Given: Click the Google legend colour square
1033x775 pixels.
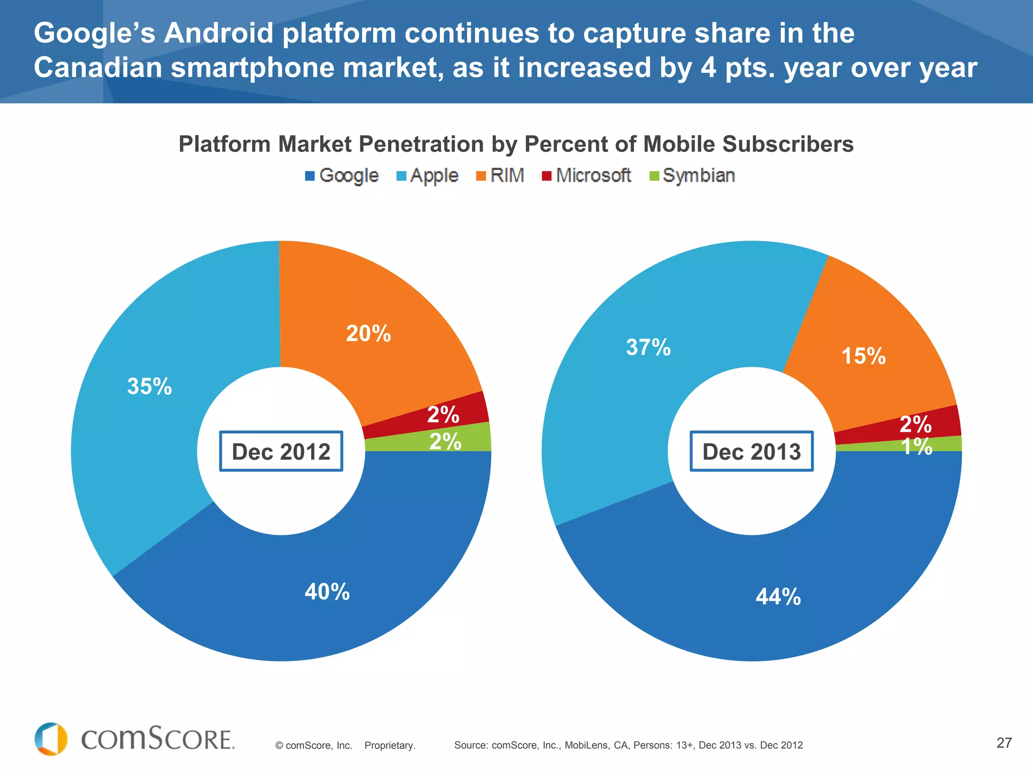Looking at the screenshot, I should (x=310, y=176).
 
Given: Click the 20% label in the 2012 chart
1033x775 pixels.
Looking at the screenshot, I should (x=368, y=334).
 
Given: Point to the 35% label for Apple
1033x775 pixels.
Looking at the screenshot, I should (x=149, y=386).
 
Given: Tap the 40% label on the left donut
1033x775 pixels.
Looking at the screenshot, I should (x=327, y=591).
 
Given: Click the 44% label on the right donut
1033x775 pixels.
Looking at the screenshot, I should (x=778, y=597).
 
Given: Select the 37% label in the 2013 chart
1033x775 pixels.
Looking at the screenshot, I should (x=648, y=347).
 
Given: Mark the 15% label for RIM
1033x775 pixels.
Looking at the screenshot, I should (x=864, y=356).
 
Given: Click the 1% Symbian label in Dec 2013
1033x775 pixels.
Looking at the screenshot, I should (x=916, y=447).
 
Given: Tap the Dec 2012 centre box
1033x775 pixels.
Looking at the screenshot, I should (x=281, y=452).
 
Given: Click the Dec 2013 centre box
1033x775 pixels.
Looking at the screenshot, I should (x=752, y=452).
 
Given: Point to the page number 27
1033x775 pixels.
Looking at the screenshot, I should (x=1004, y=743).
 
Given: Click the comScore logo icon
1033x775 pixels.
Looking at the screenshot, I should (x=51, y=739).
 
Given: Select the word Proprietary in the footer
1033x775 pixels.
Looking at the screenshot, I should (x=389, y=745).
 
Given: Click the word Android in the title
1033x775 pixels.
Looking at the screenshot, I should (x=219, y=33).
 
